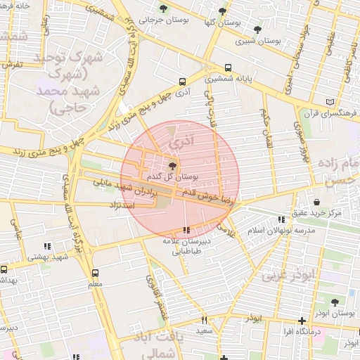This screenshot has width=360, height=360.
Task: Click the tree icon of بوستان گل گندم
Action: (173, 165)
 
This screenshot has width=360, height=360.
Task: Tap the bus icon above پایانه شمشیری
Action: (228, 68)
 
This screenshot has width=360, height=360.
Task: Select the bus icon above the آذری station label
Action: (183, 82)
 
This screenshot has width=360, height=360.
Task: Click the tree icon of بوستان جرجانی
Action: (163, 9)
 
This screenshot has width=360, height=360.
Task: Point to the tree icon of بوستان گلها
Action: (223, 11)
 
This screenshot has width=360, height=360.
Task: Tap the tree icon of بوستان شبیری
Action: (257, 30)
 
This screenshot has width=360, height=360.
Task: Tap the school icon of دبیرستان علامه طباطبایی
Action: (186, 231)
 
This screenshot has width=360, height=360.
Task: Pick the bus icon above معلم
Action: (96, 273)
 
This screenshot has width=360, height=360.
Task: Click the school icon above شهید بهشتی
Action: (47, 246)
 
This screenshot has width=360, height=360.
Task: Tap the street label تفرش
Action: (13, 64)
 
